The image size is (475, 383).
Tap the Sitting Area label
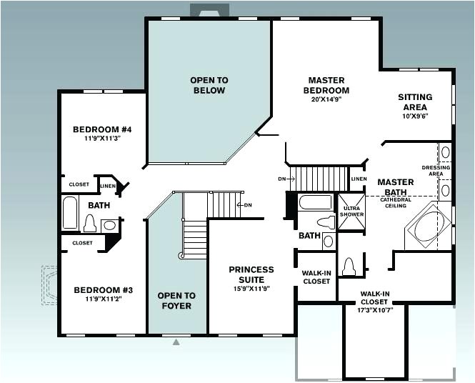pyautogui.click(x=415, y=102)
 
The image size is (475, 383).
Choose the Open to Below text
pyautogui.click(x=208, y=85)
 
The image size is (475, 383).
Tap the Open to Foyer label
pyautogui.click(x=176, y=300)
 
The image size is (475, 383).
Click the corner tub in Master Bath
pyautogui.click(x=426, y=226)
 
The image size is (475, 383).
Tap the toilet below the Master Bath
pyautogui.click(x=350, y=267)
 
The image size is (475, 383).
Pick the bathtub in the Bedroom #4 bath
pyautogui.click(x=70, y=212)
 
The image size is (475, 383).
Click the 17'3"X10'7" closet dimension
pyautogui.click(x=375, y=310)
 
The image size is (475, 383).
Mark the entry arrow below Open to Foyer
pyautogui.click(x=176, y=342)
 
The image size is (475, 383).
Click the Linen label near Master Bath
pyautogui.click(x=359, y=179)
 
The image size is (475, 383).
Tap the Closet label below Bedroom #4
pyautogui.click(x=79, y=184)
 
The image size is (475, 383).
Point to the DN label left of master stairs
pyautogui.click(x=281, y=178)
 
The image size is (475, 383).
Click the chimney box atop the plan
pyautogui.click(x=209, y=10)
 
